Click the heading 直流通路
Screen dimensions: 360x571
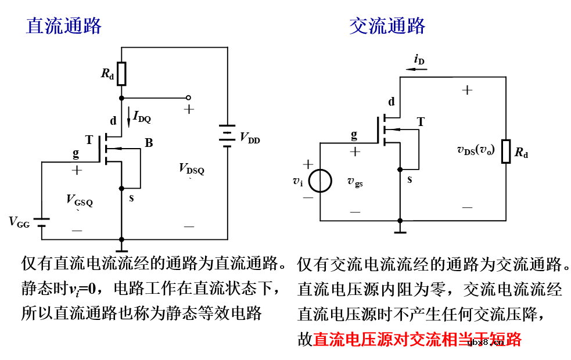pyautogui.click(x=64, y=26)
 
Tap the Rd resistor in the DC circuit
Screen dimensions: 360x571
pyautogui.click(x=121, y=73)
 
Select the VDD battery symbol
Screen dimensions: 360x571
pyautogui.click(x=227, y=136)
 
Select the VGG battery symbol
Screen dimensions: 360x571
pyautogui.click(x=42, y=223)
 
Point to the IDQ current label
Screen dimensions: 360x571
pyautogui.click(x=142, y=117)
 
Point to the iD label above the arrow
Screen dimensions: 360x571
pyautogui.click(x=419, y=59)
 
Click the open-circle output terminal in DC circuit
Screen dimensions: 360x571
pyautogui.click(x=188, y=98)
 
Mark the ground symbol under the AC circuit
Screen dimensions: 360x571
pyautogui.click(x=400, y=229)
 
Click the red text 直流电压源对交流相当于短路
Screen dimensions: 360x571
pyautogui.click(x=417, y=340)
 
